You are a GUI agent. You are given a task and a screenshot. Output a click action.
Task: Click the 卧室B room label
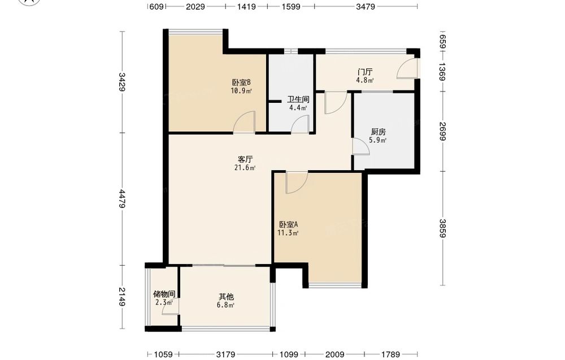pyautogui.click(x=241, y=83)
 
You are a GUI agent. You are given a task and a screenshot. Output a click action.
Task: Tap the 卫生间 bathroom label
pyautogui.click(x=298, y=99)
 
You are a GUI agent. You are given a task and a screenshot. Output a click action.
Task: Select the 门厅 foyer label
pyautogui.click(x=365, y=72)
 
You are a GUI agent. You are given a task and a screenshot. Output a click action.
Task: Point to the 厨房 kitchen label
pyautogui.click(x=378, y=132)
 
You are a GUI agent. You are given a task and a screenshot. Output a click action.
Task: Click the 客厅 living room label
pyautogui.click(x=245, y=159)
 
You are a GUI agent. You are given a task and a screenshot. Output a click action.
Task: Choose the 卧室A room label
pyautogui.click(x=288, y=224)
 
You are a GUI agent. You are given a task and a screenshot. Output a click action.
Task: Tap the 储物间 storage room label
pyautogui.click(x=164, y=294)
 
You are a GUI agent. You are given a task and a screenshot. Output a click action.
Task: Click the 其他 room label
pyautogui.click(x=226, y=297)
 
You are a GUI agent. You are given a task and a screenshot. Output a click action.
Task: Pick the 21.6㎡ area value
pyautogui.click(x=245, y=168)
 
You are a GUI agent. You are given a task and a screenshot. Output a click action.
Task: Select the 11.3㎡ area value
pyautogui.click(x=288, y=233)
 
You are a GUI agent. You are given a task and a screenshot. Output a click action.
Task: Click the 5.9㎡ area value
pyautogui.click(x=378, y=140)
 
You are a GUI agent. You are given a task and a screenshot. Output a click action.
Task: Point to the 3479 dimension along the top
pyautogui.click(x=366, y=6)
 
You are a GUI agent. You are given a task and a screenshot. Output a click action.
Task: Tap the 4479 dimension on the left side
pyautogui.click(x=122, y=198)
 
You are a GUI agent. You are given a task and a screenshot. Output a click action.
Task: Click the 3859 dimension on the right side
pyautogui.click(x=442, y=228)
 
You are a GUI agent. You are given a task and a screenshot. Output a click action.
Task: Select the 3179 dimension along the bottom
pyautogui.click(x=225, y=354)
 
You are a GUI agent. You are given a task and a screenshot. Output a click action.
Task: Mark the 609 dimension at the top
pyautogui.click(x=157, y=6)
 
